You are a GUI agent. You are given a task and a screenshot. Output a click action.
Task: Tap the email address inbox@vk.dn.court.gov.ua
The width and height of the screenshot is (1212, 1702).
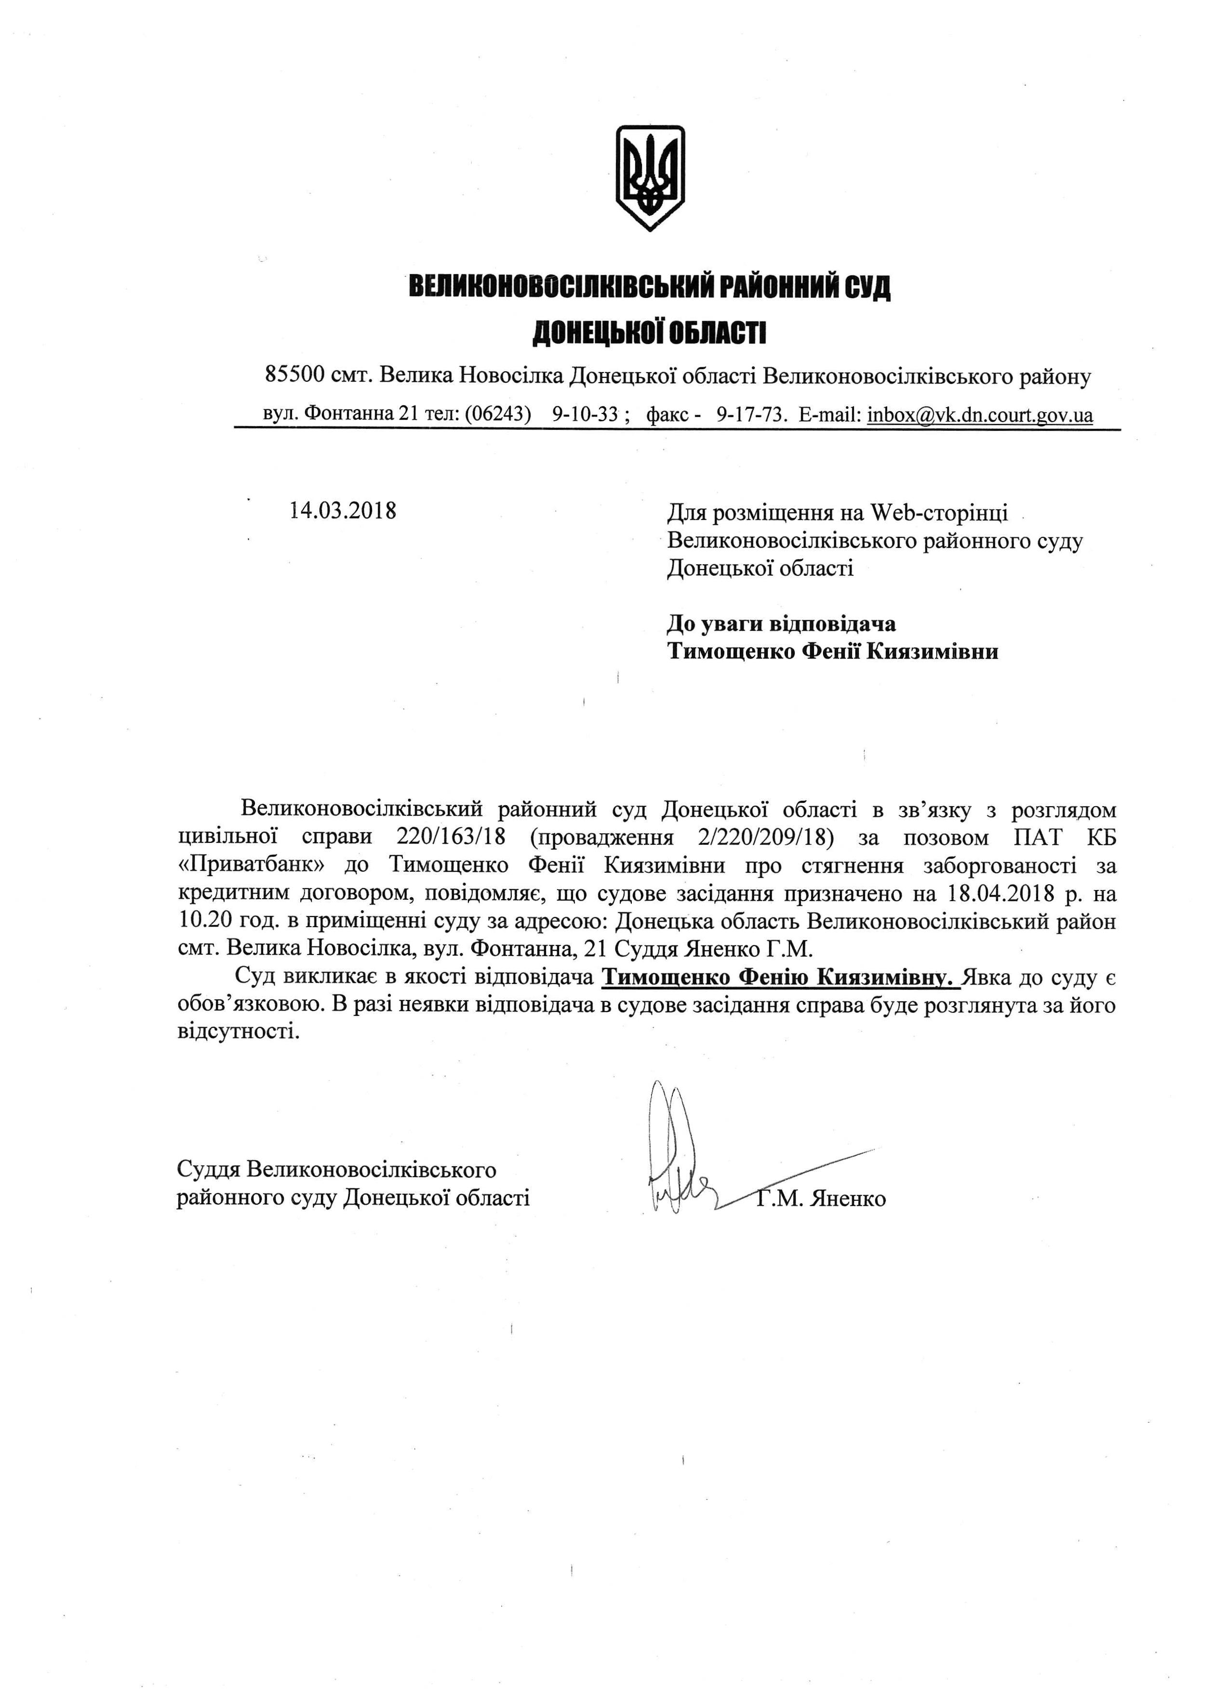980,415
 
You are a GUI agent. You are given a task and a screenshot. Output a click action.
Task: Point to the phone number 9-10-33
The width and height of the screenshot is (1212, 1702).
585,415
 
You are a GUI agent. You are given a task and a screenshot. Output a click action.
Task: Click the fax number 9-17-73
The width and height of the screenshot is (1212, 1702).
751,415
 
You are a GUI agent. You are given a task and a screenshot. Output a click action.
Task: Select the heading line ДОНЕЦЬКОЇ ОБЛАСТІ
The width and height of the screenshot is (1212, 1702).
649,333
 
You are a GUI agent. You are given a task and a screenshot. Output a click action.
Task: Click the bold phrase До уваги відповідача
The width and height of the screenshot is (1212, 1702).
781,623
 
